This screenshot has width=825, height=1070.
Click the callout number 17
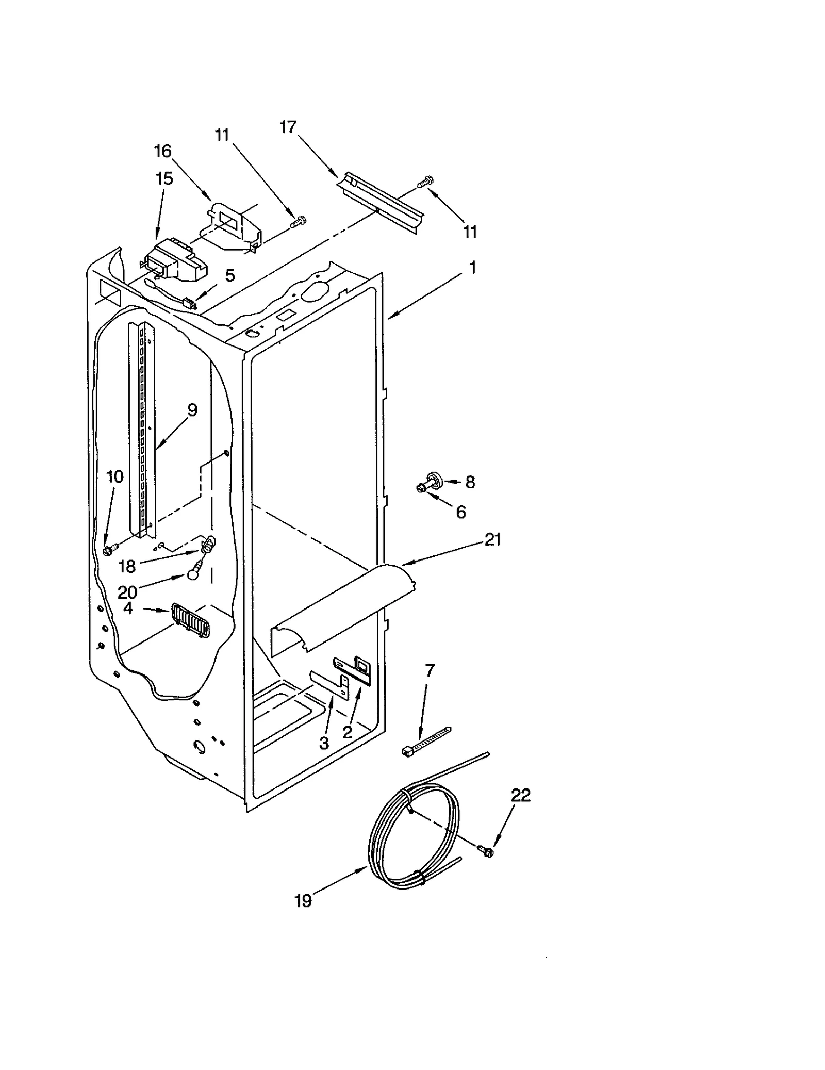coord(288,127)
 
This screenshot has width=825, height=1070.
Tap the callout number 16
coord(162,151)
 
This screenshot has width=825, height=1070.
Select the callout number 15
coord(164,178)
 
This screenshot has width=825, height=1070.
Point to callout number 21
coord(492,540)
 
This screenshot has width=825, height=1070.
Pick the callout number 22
coord(520,795)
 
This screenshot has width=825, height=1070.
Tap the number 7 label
coord(430,670)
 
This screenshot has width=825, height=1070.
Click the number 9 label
coord(192,410)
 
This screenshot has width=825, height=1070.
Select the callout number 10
coord(114,476)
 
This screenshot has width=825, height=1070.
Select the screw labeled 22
coord(485,850)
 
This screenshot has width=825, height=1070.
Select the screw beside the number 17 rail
coord(426,182)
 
